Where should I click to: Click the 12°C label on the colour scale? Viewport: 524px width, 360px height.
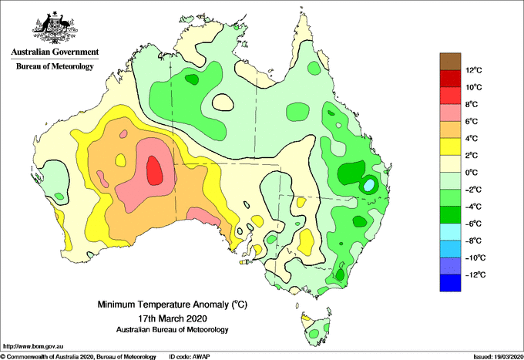coord(474,70)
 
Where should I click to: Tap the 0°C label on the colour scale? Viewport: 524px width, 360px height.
coord(472,173)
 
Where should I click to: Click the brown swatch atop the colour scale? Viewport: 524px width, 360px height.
coord(450,62)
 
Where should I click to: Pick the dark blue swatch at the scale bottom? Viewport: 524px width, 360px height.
coord(450,283)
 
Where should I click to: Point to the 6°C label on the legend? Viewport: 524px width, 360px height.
coord(472,121)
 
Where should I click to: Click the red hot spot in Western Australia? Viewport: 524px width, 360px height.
coord(155,170)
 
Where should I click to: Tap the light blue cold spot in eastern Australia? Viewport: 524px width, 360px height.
coord(368,185)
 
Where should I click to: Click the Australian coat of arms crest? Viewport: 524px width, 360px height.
coord(55,28)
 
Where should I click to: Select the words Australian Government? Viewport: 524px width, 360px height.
coord(55,52)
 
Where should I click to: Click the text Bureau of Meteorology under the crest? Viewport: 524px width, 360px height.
coord(55,66)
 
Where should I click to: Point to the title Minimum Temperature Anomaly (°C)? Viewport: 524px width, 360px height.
coord(173,304)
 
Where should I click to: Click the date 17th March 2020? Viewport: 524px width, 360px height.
coord(173,318)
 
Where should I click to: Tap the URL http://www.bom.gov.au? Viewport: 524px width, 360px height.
coord(32,346)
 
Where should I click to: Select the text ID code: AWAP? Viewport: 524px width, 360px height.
coord(190,357)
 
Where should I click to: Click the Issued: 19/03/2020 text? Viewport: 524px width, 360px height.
coord(498,357)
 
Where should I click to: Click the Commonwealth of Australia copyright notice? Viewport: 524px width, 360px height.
coord(79,357)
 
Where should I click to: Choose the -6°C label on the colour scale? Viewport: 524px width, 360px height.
coord(473,224)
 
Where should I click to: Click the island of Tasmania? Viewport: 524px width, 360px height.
coord(315,329)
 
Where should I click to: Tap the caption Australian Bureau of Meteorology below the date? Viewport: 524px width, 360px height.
coord(173,330)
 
